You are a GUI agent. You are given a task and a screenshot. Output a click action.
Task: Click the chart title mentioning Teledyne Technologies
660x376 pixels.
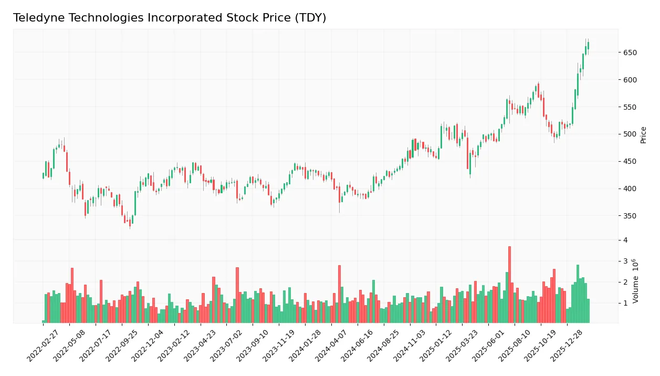[x=169, y=18]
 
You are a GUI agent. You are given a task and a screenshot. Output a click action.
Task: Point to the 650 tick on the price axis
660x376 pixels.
[x=630, y=53]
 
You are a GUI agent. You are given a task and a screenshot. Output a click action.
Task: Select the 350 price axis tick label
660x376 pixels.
[x=630, y=216]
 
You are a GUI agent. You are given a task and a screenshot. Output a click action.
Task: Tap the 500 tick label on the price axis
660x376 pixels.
[x=630, y=134]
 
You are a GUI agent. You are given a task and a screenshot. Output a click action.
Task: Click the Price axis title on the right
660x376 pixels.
[x=644, y=135]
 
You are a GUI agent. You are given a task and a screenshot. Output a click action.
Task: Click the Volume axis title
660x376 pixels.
[x=636, y=281]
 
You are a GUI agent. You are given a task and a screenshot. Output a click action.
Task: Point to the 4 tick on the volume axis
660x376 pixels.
[x=625, y=240]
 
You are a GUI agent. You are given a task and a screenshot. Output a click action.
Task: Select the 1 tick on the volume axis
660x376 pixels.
[x=625, y=304]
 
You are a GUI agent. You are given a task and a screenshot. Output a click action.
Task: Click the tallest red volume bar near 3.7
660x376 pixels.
[x=509, y=284]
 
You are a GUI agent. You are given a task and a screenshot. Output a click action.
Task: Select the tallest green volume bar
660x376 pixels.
[x=578, y=293]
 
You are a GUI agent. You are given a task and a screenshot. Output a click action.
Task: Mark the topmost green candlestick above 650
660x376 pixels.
[x=588, y=46]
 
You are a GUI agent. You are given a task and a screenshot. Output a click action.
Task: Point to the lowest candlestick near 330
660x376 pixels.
[x=130, y=223]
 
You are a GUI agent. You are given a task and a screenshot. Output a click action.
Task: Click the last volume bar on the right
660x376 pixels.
[x=588, y=310]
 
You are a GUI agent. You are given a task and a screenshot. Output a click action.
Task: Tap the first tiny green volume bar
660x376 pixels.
[x=44, y=321]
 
